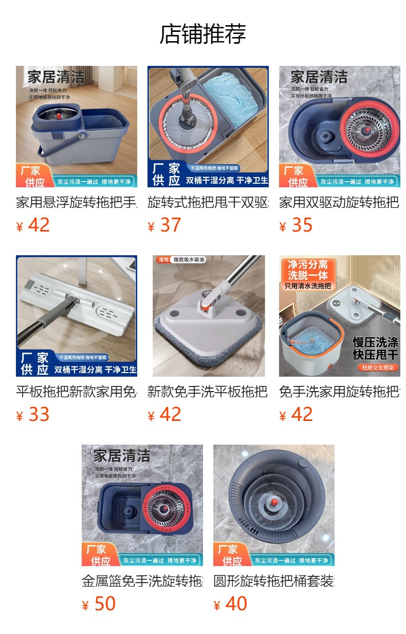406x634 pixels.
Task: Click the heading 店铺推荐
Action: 202,34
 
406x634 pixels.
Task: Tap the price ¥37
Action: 164,225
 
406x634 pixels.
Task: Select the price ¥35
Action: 296,225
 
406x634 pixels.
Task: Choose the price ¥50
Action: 99,604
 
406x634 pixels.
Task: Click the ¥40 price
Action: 230,604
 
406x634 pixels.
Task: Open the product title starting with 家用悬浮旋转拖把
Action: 76,202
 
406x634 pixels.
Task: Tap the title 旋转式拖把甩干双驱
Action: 208,202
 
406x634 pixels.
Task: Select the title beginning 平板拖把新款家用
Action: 76,392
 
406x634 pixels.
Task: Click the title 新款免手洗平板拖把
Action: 208,392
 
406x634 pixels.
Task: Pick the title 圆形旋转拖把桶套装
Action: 273,581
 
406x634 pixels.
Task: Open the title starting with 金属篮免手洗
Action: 142,581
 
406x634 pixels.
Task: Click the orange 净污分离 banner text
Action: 308,265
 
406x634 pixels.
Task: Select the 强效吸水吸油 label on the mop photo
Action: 188,260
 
